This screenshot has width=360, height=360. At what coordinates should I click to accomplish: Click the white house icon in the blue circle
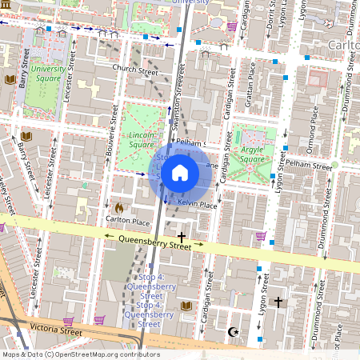(180, 173)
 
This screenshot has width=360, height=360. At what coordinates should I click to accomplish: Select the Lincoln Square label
(142, 141)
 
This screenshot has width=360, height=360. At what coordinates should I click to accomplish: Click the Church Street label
(135, 70)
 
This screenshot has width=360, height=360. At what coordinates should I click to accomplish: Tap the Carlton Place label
(128, 221)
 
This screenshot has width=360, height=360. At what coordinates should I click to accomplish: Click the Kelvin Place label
(197, 205)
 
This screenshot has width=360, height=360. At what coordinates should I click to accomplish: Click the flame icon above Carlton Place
(120, 207)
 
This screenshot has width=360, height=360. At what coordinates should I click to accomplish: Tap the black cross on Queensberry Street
(182, 237)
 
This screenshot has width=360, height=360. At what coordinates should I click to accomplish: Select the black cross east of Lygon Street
(278, 302)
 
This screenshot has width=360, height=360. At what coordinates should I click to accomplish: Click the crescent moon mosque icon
(234, 331)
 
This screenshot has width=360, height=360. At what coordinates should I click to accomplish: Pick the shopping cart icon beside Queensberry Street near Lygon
(261, 236)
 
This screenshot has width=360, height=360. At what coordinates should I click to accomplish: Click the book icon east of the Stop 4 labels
(186, 306)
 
